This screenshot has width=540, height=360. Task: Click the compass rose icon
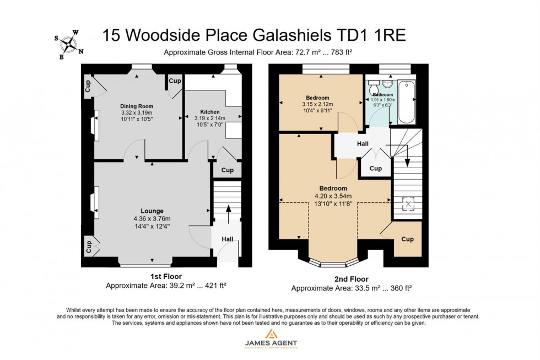tap(69, 44)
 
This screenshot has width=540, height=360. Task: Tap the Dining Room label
tap(137, 106)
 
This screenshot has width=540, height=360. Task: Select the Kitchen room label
tap(209, 112)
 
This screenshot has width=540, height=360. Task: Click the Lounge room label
tap(152, 211)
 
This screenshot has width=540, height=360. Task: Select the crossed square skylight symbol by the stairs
tap(408, 205)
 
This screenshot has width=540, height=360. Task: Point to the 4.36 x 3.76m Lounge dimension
tap(152, 218)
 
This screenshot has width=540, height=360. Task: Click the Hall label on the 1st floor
tap(228, 239)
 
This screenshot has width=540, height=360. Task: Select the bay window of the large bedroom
tap(329, 262)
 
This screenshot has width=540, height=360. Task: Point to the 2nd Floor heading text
tap(351, 279)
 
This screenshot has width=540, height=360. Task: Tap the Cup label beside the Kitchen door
tap(227, 170)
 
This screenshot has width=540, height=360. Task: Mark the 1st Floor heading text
tap(166, 276)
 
